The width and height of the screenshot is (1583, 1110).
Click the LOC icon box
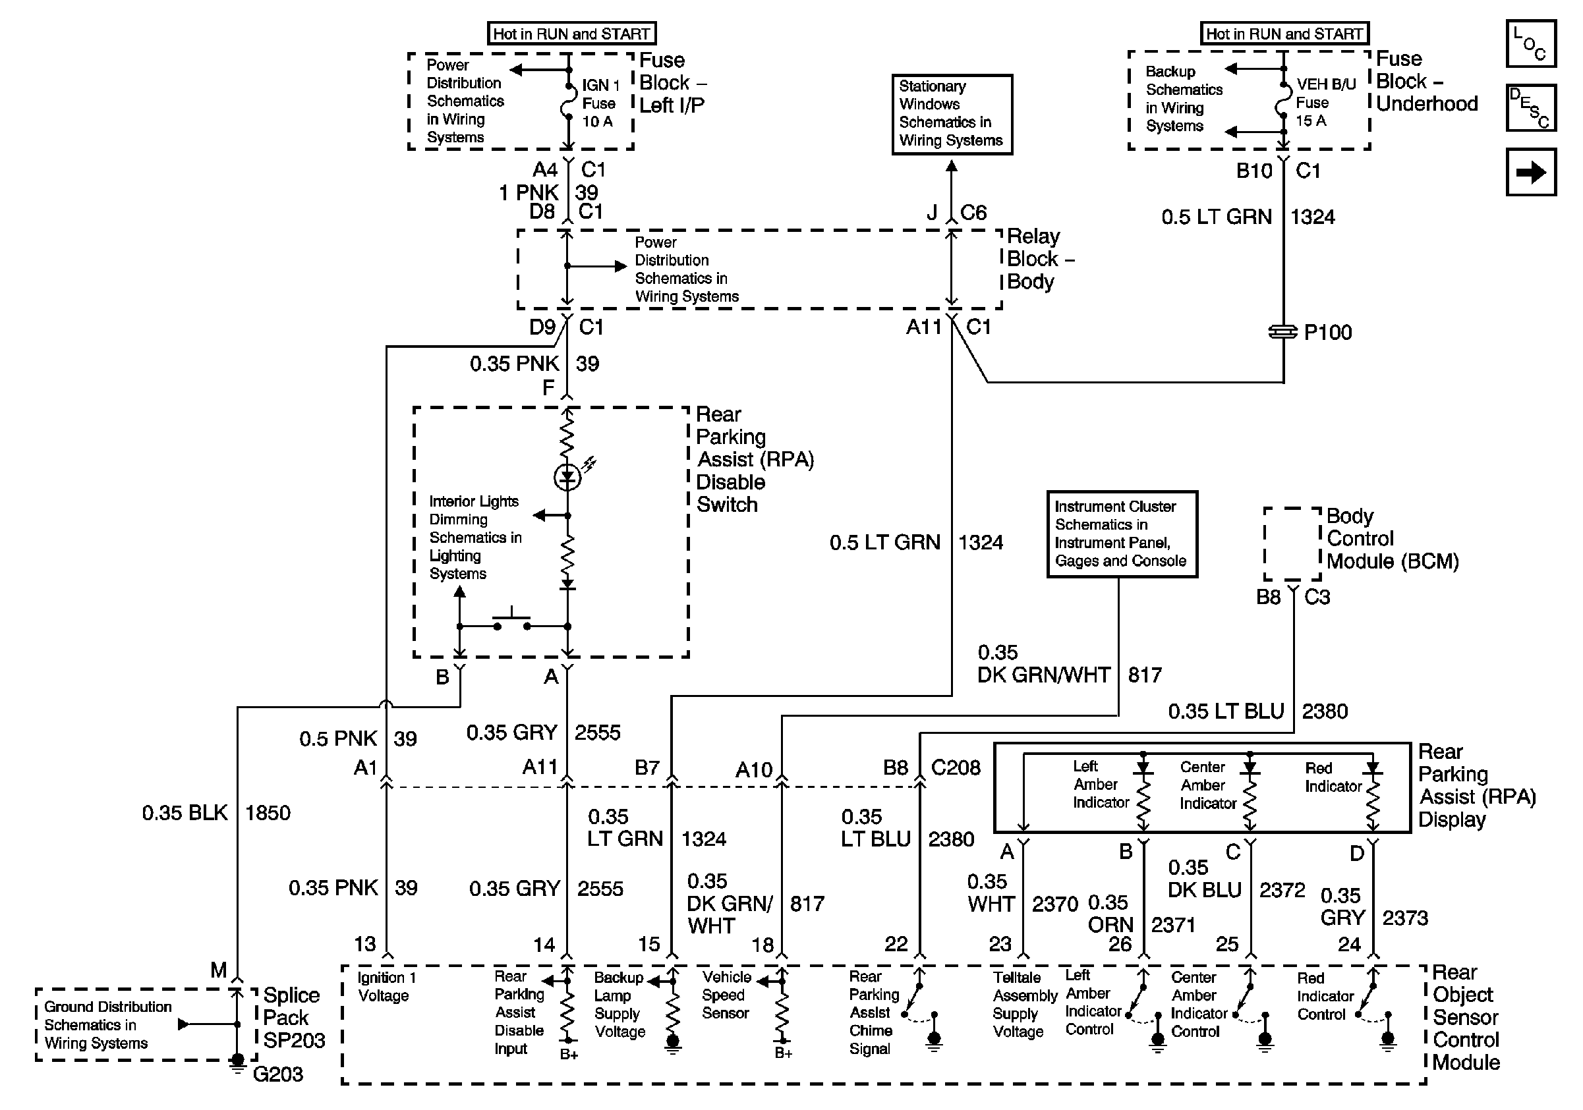click(1530, 43)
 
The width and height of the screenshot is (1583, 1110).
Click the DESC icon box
click(1530, 107)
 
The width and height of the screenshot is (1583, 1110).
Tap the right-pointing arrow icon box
click(1530, 171)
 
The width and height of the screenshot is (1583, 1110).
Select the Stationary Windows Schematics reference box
click(952, 115)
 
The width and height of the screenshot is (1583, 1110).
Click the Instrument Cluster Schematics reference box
click(1122, 534)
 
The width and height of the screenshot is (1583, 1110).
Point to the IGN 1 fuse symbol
click(568, 103)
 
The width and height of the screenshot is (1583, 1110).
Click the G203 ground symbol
click(237, 1063)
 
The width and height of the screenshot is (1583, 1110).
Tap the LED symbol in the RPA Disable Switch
click(568, 475)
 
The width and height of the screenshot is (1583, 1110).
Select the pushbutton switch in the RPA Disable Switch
click(511, 621)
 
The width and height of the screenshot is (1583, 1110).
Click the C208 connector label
click(956, 767)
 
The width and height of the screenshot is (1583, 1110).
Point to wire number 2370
click(1055, 903)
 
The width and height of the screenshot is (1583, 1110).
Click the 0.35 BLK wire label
click(184, 813)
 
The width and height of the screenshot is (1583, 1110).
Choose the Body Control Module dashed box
click(1292, 544)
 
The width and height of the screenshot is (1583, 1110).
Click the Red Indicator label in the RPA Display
click(1333, 777)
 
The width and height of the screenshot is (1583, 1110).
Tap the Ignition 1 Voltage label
click(387, 987)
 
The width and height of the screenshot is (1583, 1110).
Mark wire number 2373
click(1405, 918)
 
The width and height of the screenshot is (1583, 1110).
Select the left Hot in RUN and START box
click(571, 33)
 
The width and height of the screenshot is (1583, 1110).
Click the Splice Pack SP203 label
click(294, 1018)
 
